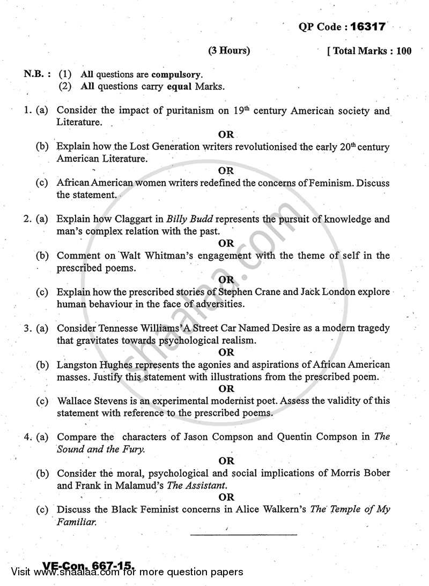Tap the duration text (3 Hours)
(x=229, y=51)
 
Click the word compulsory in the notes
(x=177, y=74)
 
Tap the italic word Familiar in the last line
(x=77, y=521)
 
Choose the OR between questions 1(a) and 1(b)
(x=227, y=134)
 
